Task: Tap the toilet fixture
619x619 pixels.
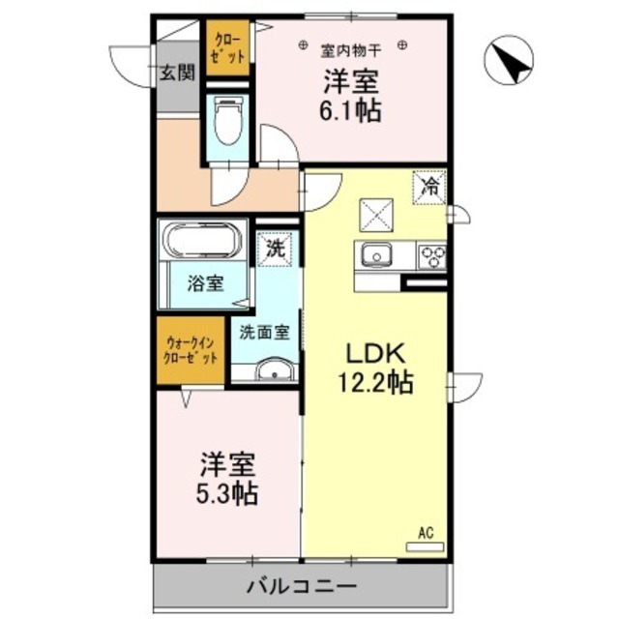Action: click(226, 122)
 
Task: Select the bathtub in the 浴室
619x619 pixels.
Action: click(204, 242)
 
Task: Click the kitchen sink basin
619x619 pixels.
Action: click(376, 256)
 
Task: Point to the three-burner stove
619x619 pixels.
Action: click(431, 256)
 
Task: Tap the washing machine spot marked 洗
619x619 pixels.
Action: click(277, 247)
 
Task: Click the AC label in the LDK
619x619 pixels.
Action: click(426, 531)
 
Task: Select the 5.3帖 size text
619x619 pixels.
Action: click(229, 493)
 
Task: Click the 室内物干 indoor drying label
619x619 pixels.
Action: click(351, 44)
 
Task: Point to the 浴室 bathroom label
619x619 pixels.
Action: click(205, 284)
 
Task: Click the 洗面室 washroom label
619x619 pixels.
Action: click(265, 331)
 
